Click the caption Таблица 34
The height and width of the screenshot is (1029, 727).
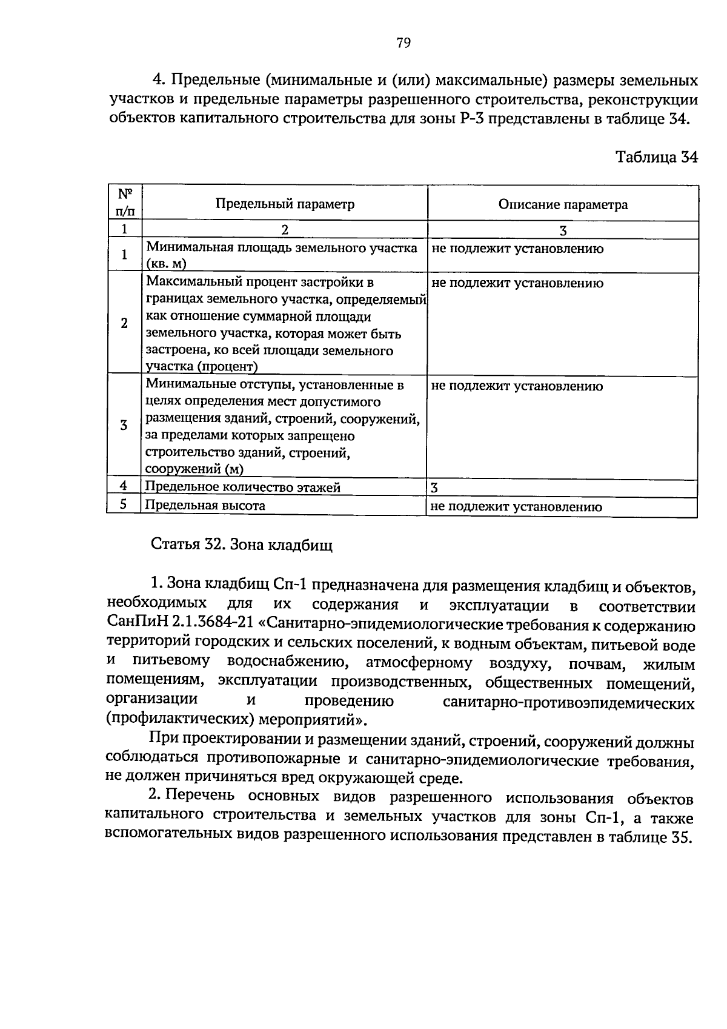[656, 158]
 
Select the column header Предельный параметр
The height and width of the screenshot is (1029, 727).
[285, 204]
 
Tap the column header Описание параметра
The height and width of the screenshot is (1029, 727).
[562, 205]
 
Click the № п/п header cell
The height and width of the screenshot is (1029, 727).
[125, 203]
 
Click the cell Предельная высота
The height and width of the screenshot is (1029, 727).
[205, 505]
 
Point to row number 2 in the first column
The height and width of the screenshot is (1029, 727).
[124, 323]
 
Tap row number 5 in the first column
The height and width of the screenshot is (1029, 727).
[123, 504]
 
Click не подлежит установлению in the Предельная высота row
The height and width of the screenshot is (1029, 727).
[516, 507]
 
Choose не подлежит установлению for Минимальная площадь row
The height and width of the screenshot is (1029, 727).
[517, 249]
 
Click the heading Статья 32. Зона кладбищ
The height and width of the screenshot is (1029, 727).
[241, 545]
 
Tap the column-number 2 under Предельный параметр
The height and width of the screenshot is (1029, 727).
[285, 230]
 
